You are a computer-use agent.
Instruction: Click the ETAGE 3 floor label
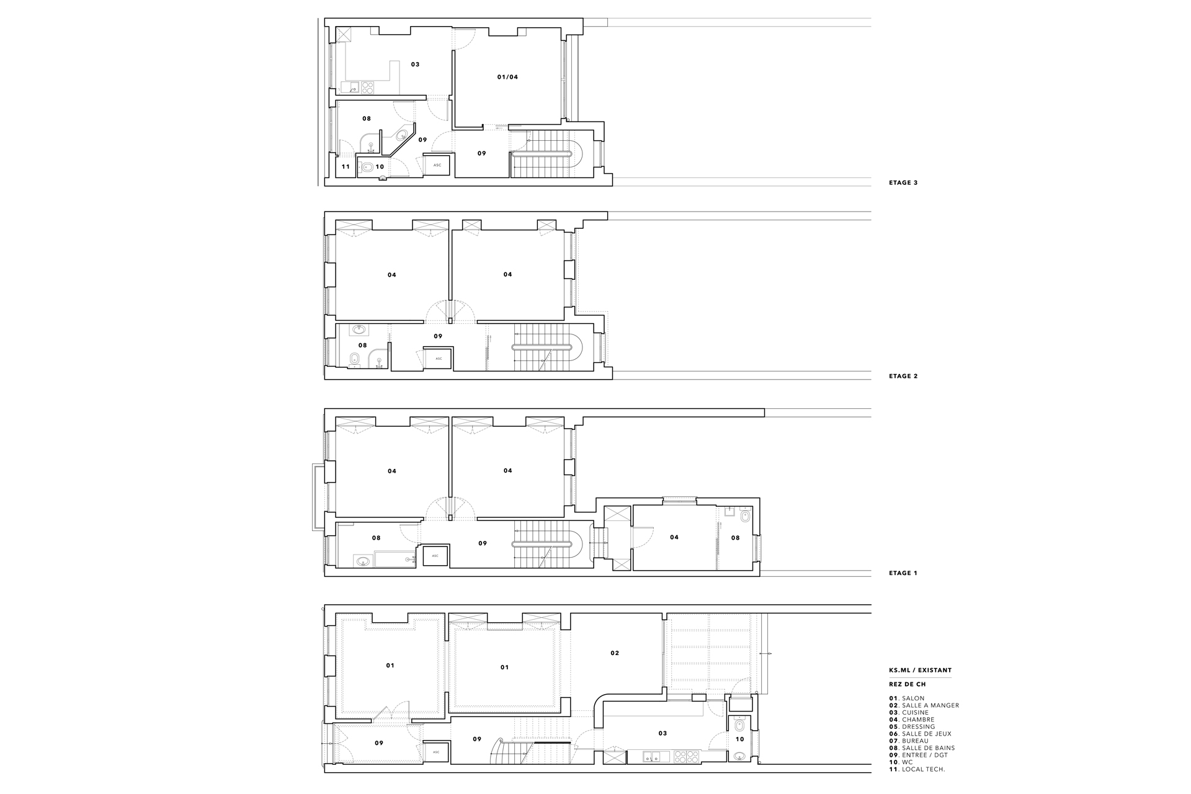(903, 183)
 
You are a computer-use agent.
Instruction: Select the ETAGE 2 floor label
(903, 377)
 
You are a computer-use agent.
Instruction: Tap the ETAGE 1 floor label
(903, 573)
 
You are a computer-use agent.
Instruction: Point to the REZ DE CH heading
(907, 685)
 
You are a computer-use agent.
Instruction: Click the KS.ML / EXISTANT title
(920, 671)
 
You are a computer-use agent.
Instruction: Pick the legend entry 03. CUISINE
(909, 713)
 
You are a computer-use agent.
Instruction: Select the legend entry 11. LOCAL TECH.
(917, 770)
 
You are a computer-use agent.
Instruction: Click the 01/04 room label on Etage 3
(507, 78)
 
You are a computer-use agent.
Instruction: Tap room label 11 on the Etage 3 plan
(346, 167)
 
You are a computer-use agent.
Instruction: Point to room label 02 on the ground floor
(615, 653)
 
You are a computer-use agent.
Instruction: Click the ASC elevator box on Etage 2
(439, 359)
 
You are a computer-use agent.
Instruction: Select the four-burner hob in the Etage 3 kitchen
(367, 87)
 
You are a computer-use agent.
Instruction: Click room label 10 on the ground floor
(739, 739)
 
